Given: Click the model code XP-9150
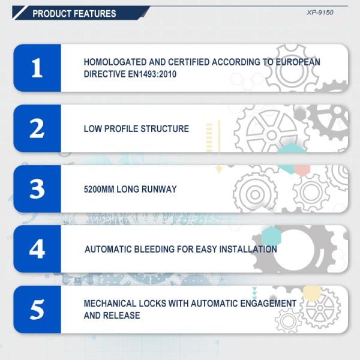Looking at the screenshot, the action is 320,12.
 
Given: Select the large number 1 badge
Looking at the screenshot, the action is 37,68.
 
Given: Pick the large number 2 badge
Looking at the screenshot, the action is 37,128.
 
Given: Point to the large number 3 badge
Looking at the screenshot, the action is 37,189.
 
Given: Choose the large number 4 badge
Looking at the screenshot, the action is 37,249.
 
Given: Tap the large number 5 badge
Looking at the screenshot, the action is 37,310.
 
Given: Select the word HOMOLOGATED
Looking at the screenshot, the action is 115,62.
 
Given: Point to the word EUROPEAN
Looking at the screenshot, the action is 298,62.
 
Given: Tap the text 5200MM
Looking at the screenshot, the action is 99,190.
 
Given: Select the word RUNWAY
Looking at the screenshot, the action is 159,190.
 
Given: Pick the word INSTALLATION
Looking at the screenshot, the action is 248,250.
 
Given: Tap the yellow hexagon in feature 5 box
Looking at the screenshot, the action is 312,293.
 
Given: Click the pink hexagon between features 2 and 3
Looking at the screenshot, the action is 302,169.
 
